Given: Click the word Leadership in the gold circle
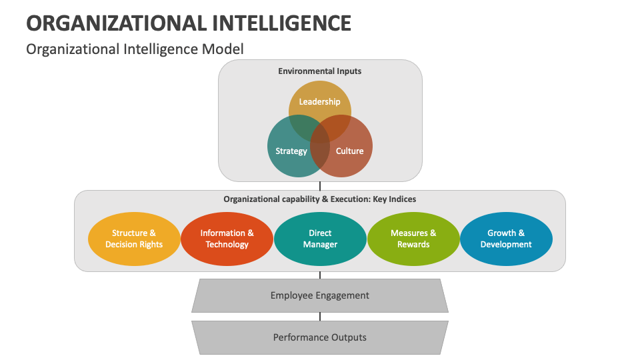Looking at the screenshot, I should (x=319, y=102).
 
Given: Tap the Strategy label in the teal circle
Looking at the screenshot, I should (x=291, y=151).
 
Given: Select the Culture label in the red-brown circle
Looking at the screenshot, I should (x=349, y=151).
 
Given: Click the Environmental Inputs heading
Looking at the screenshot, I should (x=320, y=71).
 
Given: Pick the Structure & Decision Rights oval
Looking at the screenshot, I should (x=134, y=239).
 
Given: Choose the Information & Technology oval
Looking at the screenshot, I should (x=227, y=239).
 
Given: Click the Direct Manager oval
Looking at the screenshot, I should (x=320, y=239).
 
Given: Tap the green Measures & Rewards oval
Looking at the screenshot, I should (x=413, y=239).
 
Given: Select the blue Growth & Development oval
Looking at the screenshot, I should (x=506, y=239).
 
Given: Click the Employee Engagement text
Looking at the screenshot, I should (x=320, y=295).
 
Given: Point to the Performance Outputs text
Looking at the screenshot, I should (x=320, y=337).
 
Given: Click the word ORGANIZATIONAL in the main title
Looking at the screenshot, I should (x=114, y=23).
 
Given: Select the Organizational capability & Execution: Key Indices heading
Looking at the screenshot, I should (x=320, y=199).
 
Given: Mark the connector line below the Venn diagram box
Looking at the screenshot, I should (x=320, y=186).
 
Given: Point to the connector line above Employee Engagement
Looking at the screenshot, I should (x=320, y=275).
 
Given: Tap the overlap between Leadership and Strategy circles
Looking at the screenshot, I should (x=302, y=124).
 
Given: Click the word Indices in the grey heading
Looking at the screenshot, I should (x=402, y=199).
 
